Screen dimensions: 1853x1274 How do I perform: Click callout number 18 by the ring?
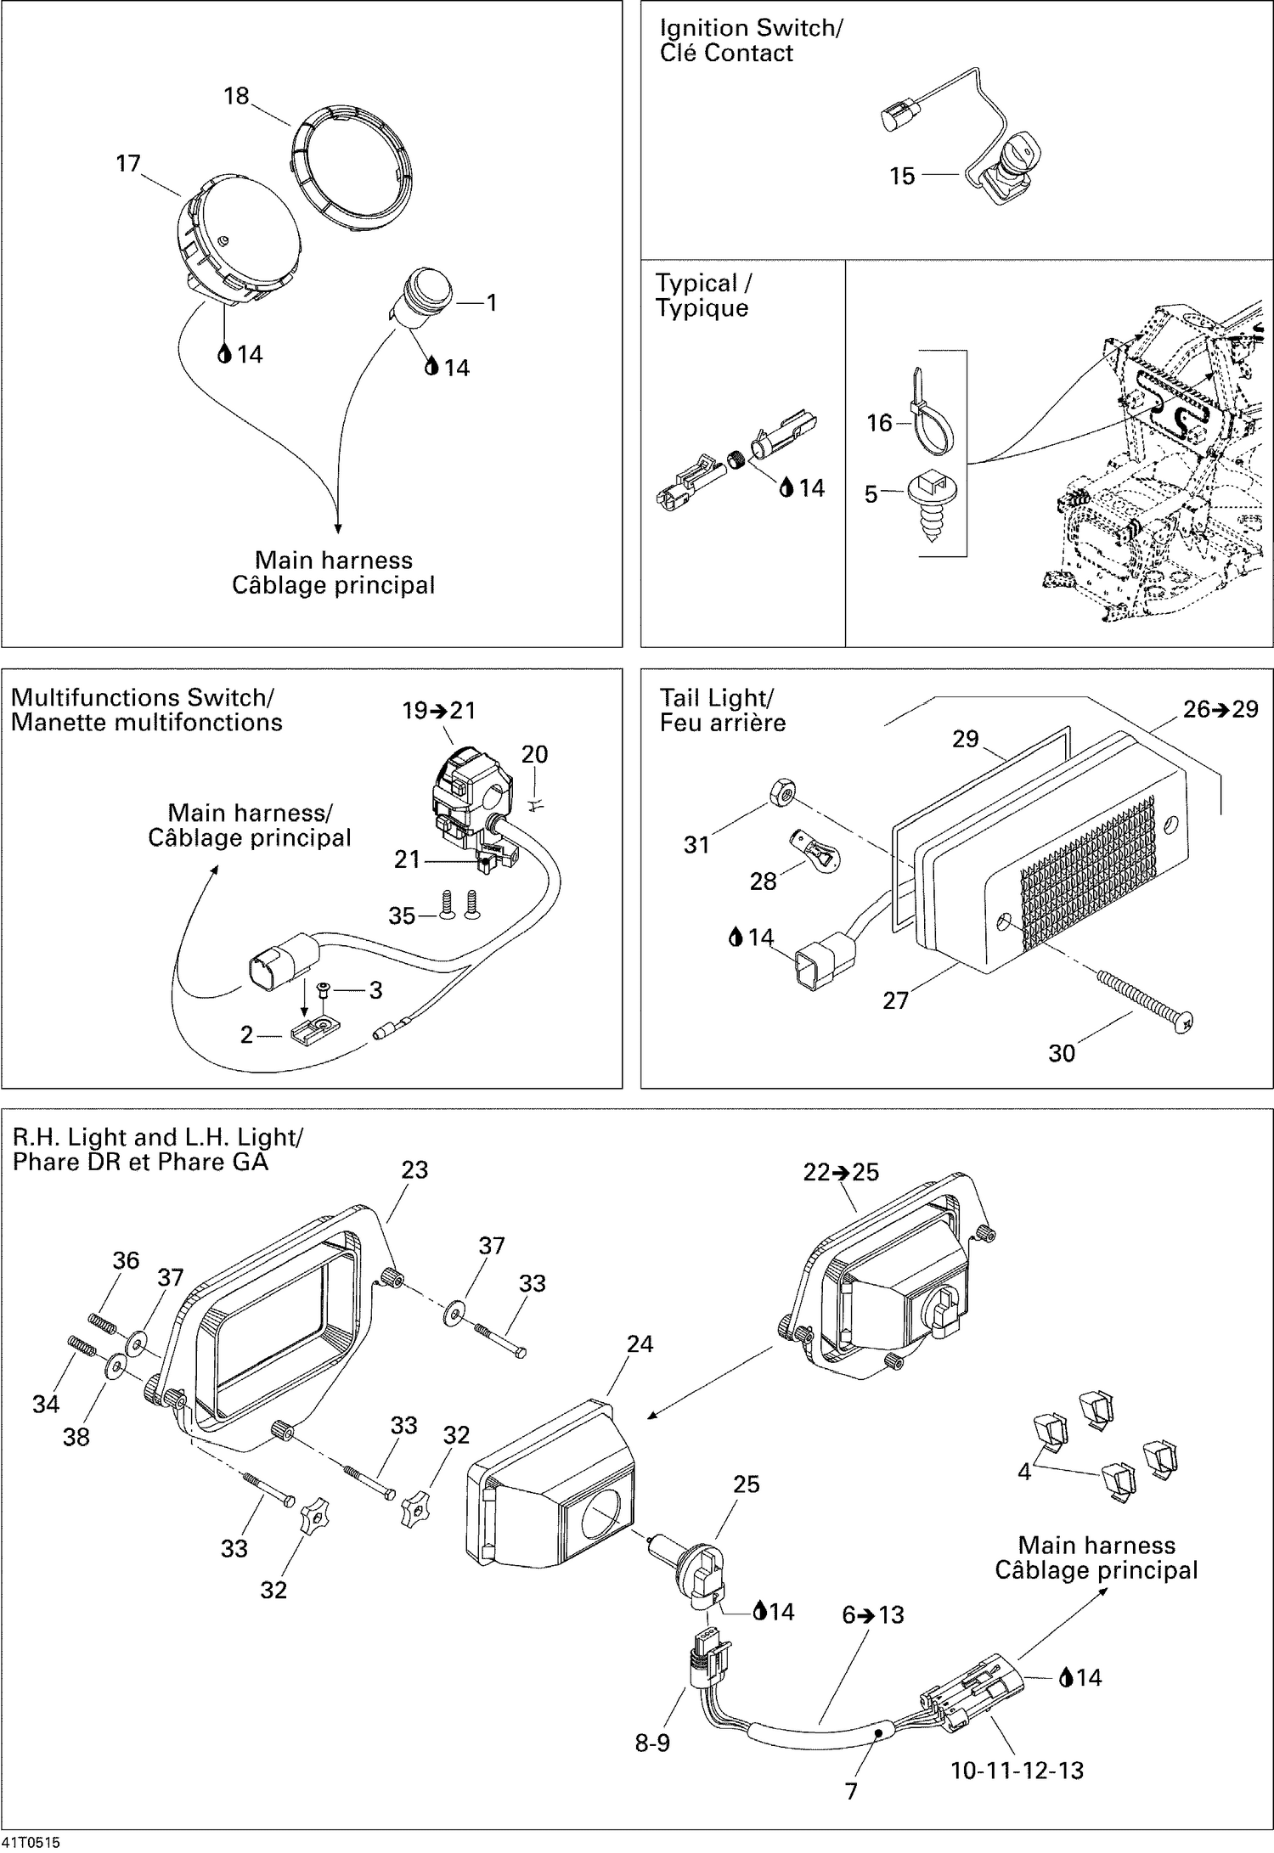pos(235,96)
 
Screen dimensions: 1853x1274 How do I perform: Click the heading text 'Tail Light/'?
pos(716,697)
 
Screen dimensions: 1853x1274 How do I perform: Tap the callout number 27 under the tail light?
pos(895,1000)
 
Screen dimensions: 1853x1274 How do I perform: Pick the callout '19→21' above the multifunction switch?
pos(439,710)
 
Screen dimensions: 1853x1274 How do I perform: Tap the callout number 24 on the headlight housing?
pos(640,1343)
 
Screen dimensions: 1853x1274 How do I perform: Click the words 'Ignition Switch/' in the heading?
pos(751,28)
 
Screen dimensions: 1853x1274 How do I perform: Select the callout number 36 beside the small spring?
pos(126,1259)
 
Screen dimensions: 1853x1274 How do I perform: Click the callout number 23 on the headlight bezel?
pos(414,1169)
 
